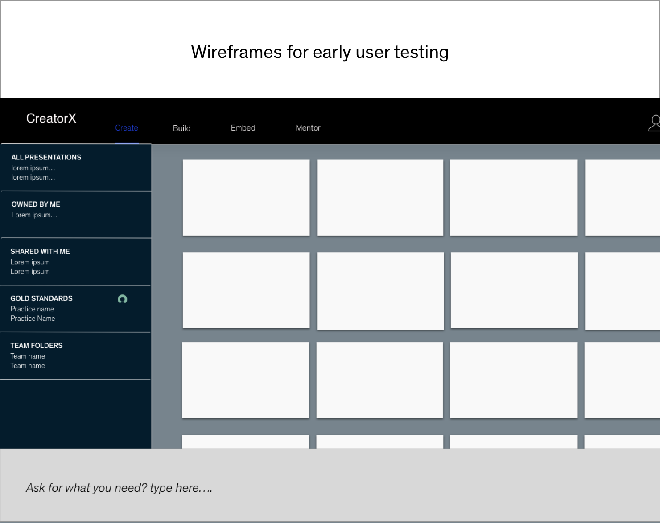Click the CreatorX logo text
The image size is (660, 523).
point(51,118)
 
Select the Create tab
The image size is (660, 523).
point(126,128)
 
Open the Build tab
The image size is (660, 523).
point(181,128)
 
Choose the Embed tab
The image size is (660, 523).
point(243,128)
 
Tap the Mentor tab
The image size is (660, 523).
point(308,128)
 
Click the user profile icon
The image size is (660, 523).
point(654,123)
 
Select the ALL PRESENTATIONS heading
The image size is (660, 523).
point(46,157)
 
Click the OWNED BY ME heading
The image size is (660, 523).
point(36,204)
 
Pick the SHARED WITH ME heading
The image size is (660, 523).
point(40,252)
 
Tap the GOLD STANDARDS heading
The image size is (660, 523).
point(41,298)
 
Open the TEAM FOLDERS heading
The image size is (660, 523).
point(37,346)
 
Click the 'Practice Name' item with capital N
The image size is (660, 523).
point(33,319)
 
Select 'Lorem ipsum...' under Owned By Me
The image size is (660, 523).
point(34,215)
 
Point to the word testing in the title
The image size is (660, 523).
point(421,53)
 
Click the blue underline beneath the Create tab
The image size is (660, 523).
point(127,143)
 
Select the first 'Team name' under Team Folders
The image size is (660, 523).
point(28,356)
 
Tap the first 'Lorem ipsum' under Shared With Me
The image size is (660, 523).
point(30,262)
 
